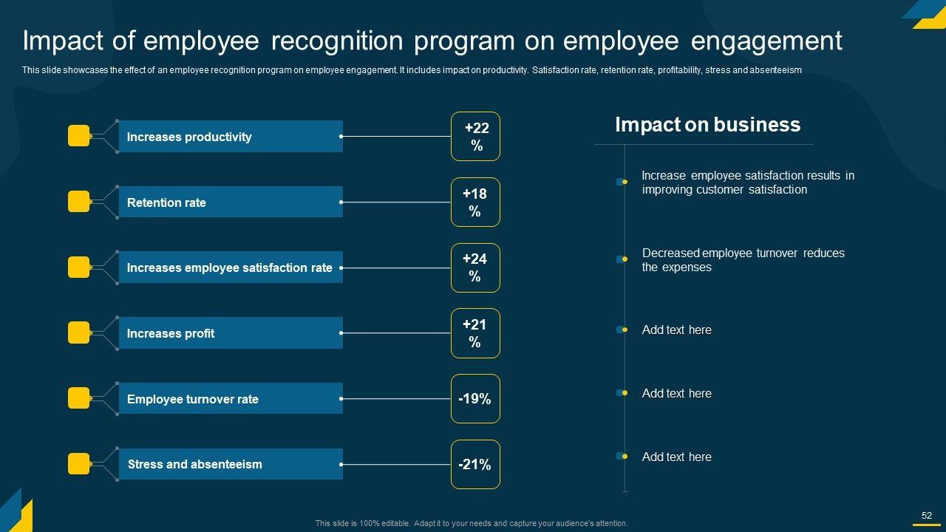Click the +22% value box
475,137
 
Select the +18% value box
475,202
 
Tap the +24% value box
475,267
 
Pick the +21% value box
475,333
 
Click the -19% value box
475,399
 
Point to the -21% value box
475,464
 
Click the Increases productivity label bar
231,137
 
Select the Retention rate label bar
231,202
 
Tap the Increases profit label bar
231,333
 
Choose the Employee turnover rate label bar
231,399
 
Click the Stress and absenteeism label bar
231,464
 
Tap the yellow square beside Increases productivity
78,136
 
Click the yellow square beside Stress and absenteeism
78,464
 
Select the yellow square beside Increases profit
78,332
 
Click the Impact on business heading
707,125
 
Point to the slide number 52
926,516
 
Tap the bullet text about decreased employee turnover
743,260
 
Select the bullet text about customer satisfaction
747,183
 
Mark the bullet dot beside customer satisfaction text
625,182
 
